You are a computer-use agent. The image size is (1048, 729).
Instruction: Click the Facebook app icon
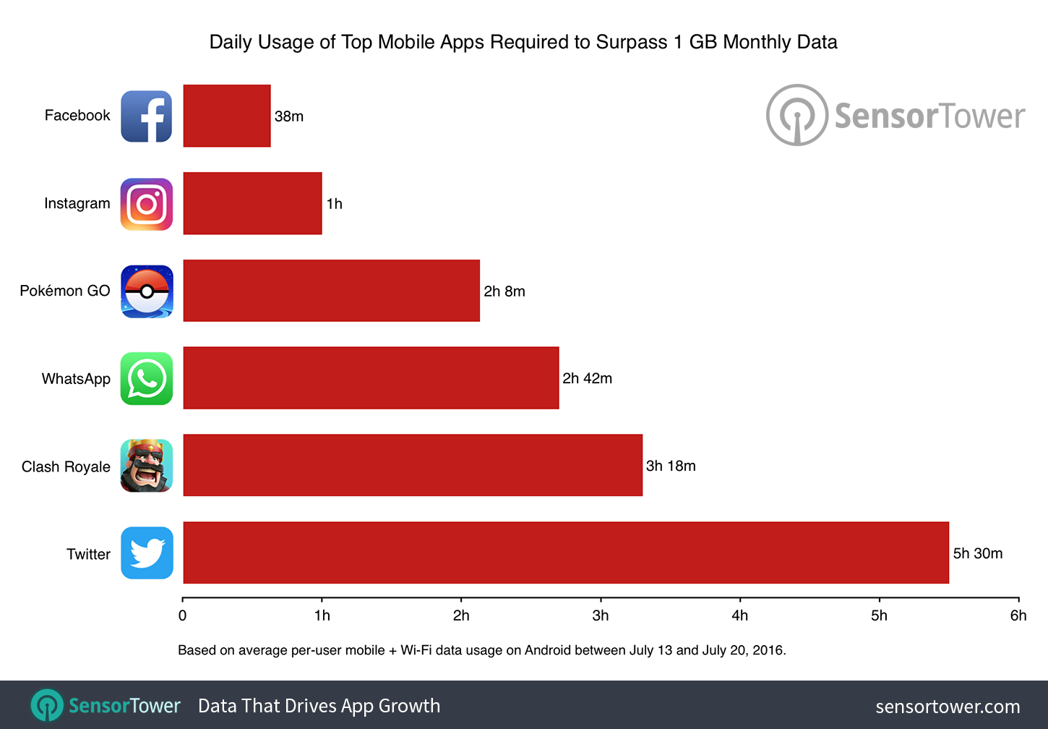(x=146, y=116)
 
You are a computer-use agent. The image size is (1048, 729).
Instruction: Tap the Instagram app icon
(x=146, y=204)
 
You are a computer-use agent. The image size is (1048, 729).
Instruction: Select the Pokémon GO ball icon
(x=147, y=291)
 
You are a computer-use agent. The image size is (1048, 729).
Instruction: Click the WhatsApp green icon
(x=147, y=379)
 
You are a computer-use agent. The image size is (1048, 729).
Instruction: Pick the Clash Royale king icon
(x=147, y=466)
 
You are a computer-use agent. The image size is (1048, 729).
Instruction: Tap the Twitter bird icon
(x=147, y=553)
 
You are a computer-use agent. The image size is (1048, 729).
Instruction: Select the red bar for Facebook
(x=227, y=116)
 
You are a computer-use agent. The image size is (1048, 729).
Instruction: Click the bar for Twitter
(x=565, y=553)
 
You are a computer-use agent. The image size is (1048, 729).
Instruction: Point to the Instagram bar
(x=252, y=203)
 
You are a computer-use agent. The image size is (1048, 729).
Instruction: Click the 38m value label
(x=289, y=116)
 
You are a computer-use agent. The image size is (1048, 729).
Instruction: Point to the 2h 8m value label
(x=504, y=291)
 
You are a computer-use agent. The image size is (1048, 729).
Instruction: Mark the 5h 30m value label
(x=978, y=553)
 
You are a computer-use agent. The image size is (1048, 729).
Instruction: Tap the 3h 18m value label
(x=671, y=466)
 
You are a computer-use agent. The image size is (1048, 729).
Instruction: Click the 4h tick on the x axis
(x=739, y=615)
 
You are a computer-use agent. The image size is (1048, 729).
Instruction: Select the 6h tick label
(x=1018, y=615)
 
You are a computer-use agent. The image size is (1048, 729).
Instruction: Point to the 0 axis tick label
(x=182, y=615)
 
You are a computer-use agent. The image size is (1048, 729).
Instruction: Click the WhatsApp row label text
(x=76, y=379)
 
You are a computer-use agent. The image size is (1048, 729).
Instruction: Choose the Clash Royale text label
(x=66, y=466)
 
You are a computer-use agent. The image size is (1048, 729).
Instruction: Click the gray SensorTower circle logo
(x=796, y=115)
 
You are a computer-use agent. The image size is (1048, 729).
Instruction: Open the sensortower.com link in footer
(x=948, y=707)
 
